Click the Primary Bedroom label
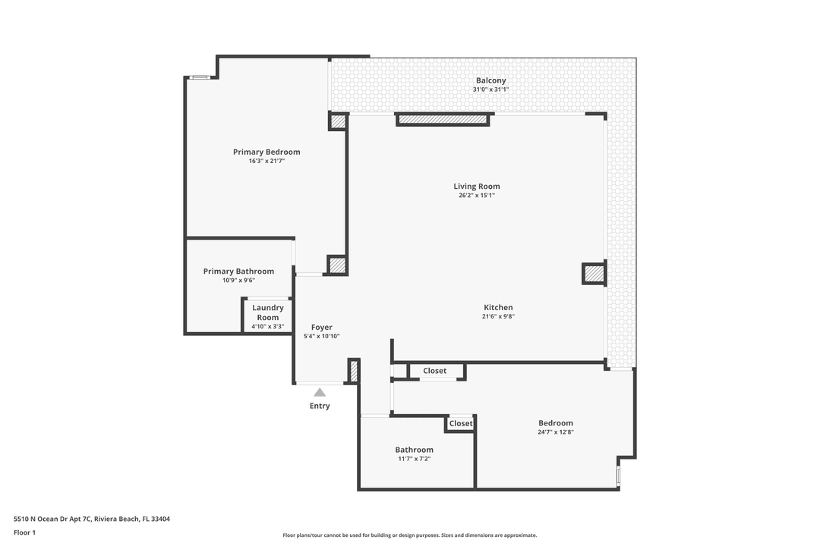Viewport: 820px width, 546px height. pyautogui.click(x=266, y=152)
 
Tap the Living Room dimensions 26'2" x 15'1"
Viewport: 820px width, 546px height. pyautogui.click(x=477, y=196)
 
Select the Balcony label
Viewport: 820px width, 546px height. pyautogui.click(x=490, y=80)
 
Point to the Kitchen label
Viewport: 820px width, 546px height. pyautogui.click(x=498, y=307)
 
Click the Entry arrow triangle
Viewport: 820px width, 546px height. pyautogui.click(x=320, y=392)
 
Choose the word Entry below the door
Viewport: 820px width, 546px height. pyautogui.click(x=320, y=406)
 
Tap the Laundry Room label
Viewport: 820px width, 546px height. pyautogui.click(x=268, y=312)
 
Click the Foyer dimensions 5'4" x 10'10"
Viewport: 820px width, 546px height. pyautogui.click(x=321, y=336)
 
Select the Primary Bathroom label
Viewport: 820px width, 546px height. pyautogui.click(x=238, y=271)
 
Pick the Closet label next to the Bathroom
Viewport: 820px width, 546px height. pyautogui.click(x=461, y=424)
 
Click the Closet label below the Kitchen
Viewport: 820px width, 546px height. pyautogui.click(x=435, y=371)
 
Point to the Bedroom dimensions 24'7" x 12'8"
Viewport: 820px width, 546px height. pyautogui.click(x=555, y=432)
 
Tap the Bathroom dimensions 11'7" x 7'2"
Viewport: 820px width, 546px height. pyautogui.click(x=414, y=459)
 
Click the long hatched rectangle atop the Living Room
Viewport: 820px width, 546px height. pyautogui.click(x=442, y=119)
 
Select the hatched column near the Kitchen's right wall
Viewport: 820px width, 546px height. pyautogui.click(x=594, y=273)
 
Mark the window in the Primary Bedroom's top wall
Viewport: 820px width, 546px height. pyautogui.click(x=200, y=77)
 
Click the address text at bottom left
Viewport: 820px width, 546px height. pyautogui.click(x=92, y=519)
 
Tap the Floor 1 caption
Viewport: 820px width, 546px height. pyautogui.click(x=24, y=532)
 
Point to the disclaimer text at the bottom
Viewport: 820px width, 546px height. pyautogui.click(x=410, y=535)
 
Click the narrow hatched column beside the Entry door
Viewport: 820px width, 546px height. pyautogui.click(x=353, y=371)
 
